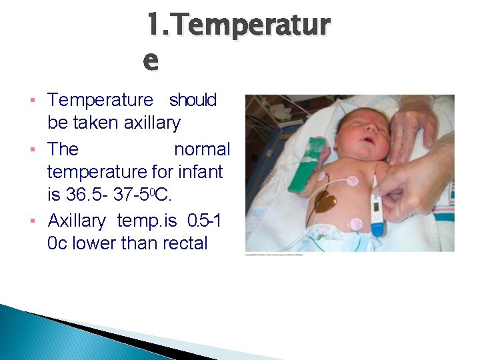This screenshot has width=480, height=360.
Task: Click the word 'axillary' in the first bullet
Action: pos(152,123)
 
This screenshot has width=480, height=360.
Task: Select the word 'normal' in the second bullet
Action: pos(201,149)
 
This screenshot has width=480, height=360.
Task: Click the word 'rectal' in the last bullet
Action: pos(183,243)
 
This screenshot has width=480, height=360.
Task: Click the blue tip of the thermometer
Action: pos(377,229)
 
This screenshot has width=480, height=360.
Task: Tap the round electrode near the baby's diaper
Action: pos(355,224)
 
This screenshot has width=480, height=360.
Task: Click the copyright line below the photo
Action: pos(273,255)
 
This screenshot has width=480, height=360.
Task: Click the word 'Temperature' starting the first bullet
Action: pos(100,100)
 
